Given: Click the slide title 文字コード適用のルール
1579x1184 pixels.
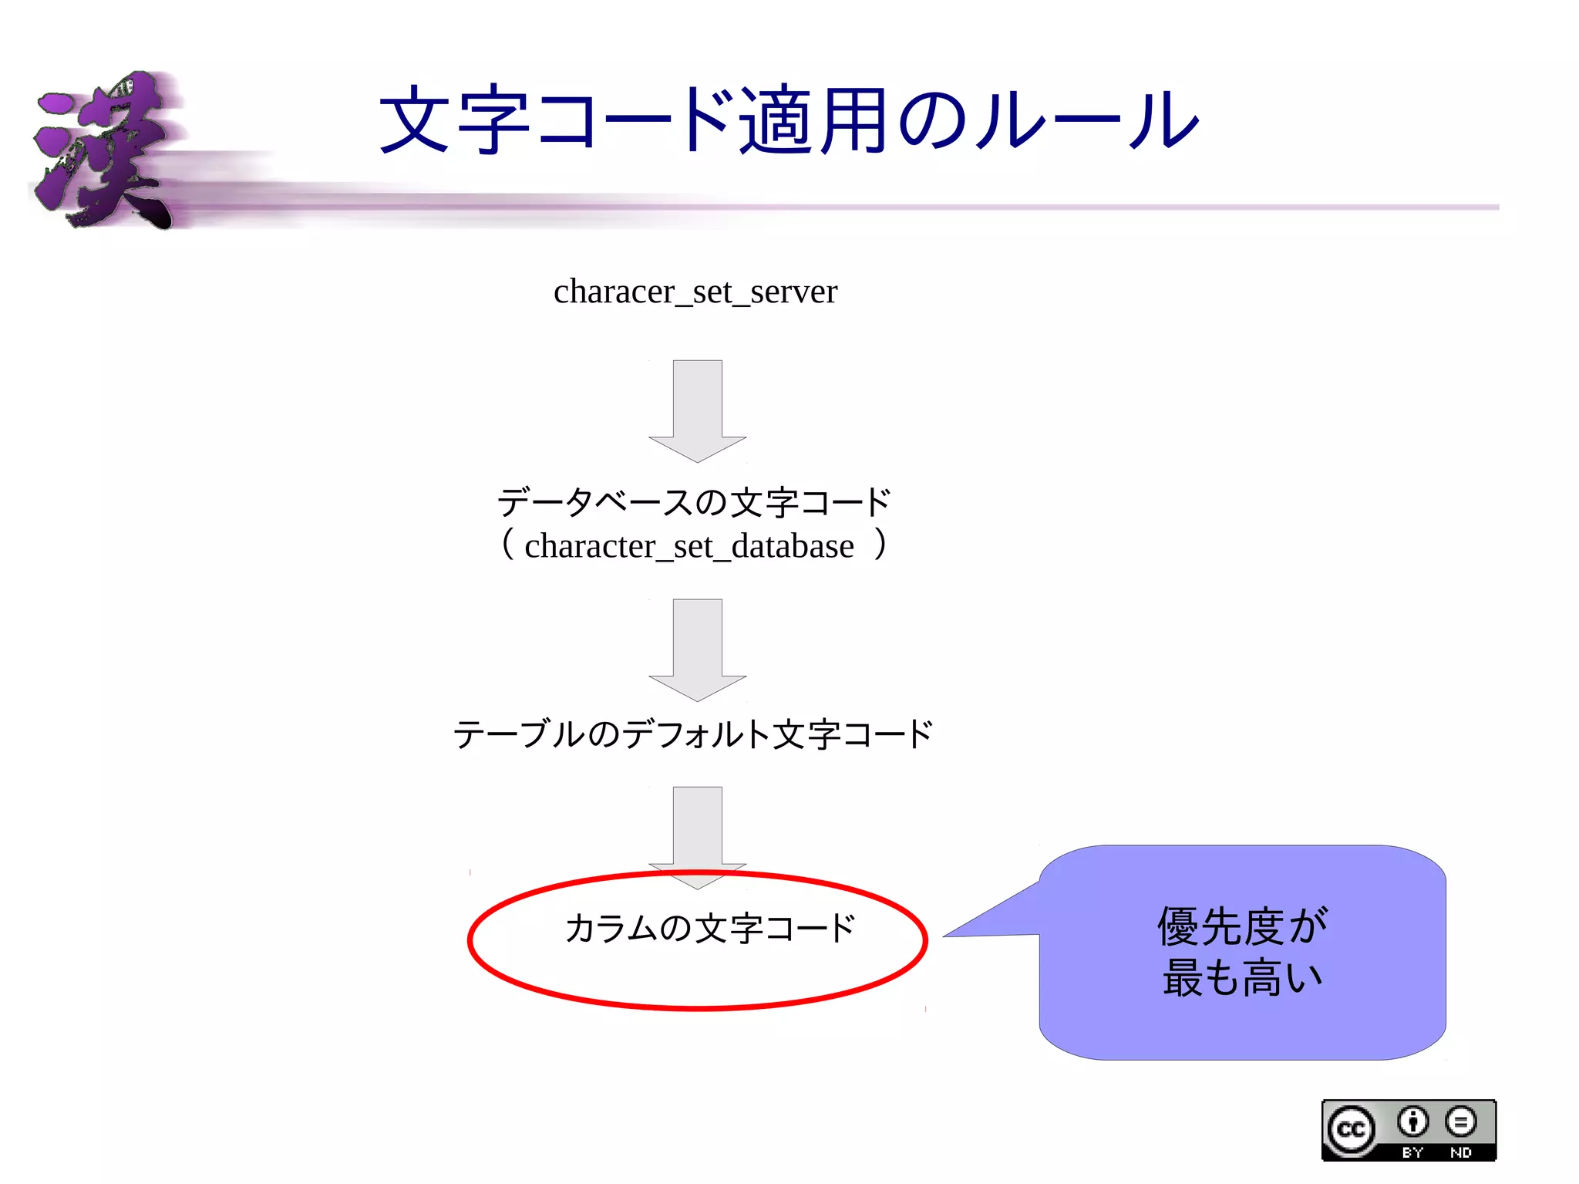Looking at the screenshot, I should pos(788,120).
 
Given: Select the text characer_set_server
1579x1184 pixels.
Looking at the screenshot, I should pos(695,292).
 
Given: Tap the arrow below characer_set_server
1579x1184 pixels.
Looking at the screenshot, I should pos(697,410).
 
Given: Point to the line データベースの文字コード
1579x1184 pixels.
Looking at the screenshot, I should pos(694,503).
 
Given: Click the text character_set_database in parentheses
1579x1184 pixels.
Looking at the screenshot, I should pos(688,547).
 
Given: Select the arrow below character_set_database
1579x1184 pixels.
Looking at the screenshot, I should pos(697,649).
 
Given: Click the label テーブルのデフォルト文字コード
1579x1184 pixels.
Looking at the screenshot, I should pos(692,734).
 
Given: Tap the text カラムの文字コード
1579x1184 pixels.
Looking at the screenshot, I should pos(709,929).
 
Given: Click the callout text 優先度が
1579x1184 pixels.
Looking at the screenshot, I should pos(1242,926).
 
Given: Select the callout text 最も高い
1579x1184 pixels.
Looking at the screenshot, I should pos(1242,978).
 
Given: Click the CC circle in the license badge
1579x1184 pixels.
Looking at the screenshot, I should pos(1351,1129).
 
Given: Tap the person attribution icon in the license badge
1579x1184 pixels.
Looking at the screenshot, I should pos(1412,1122).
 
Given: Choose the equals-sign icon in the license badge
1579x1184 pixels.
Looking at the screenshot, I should pos(1460,1122).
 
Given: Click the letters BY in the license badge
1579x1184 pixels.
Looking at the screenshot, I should pos(1412,1152).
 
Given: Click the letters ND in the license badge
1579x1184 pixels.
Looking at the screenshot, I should pos(1460,1152).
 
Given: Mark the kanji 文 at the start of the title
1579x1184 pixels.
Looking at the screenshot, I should pos(414,120).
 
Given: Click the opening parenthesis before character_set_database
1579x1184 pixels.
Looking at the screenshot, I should pos(507,544).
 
